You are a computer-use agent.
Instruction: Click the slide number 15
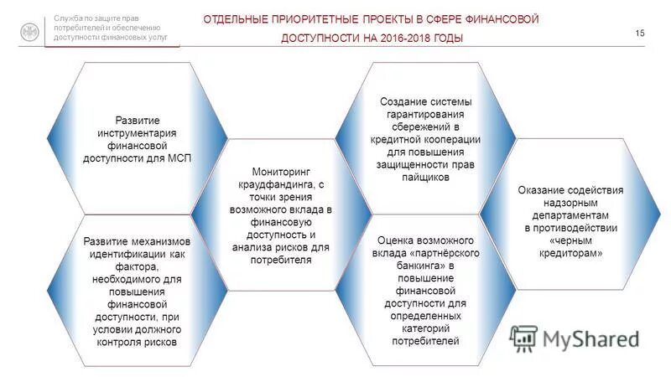(x=640, y=33)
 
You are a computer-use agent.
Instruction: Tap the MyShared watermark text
(x=590, y=338)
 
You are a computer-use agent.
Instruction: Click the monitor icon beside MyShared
(x=523, y=337)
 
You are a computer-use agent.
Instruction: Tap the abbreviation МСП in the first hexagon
(x=178, y=158)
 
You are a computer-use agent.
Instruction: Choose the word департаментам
(x=570, y=215)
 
